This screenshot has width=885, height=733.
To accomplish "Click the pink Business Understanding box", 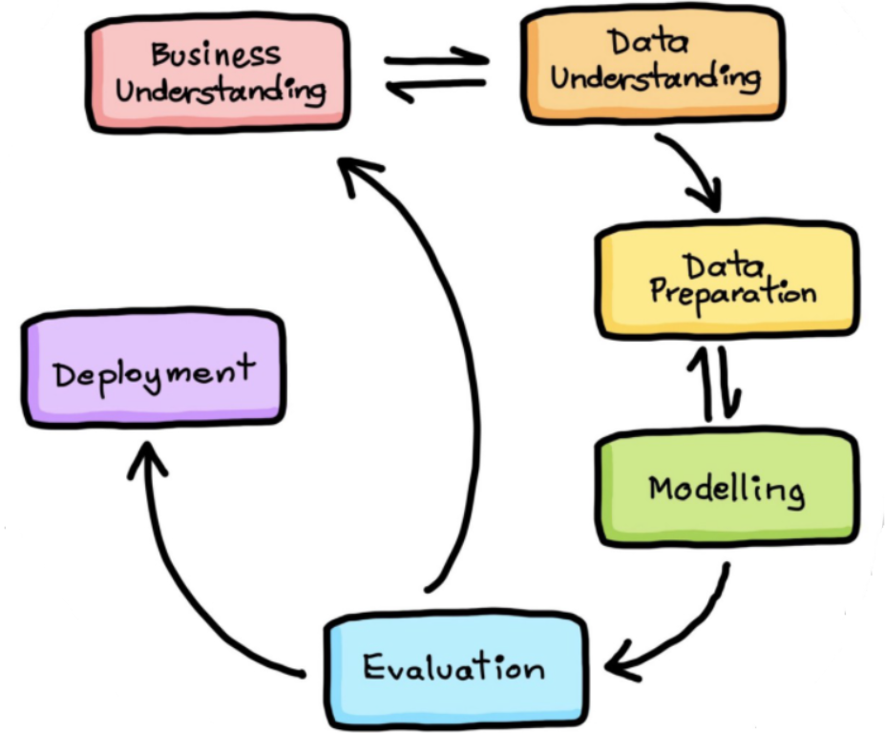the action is [218, 73].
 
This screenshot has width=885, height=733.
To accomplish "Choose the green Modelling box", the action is [727, 488].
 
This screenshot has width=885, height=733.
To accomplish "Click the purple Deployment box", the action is [154, 367].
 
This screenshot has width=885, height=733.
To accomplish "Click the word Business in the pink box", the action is [216, 54].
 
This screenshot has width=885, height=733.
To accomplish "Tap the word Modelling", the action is [727, 489].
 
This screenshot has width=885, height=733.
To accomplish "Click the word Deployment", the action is [154, 372].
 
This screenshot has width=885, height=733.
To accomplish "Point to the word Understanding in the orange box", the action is [656, 79].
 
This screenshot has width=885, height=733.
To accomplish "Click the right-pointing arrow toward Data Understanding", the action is [436, 57].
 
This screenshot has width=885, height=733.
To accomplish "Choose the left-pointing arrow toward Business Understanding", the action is [434, 88].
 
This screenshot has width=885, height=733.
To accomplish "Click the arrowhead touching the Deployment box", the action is [147, 458].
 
